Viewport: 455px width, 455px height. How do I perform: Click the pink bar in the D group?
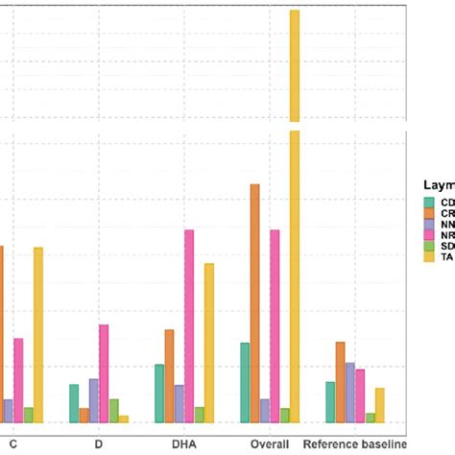pos(104,373)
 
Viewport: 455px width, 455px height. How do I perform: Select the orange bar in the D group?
pos(84,415)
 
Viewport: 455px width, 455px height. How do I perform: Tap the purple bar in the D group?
pos(94,400)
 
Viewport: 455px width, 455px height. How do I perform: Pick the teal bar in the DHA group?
pos(159,394)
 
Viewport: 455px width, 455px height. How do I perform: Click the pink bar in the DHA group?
pos(189,326)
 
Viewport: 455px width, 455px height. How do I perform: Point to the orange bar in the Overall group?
pos(254,302)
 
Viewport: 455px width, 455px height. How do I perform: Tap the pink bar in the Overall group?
pos(275,326)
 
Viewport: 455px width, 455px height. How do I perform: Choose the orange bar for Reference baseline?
pos(340,382)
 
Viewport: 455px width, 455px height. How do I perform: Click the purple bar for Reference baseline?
pos(350,393)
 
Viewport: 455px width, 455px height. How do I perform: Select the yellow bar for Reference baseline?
pos(380,405)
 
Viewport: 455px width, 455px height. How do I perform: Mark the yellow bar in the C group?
pos(38,335)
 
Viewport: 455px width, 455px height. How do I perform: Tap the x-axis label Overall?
pos(270,444)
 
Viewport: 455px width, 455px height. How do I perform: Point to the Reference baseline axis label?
pos(356,444)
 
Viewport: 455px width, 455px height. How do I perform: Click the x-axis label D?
pos(98,444)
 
